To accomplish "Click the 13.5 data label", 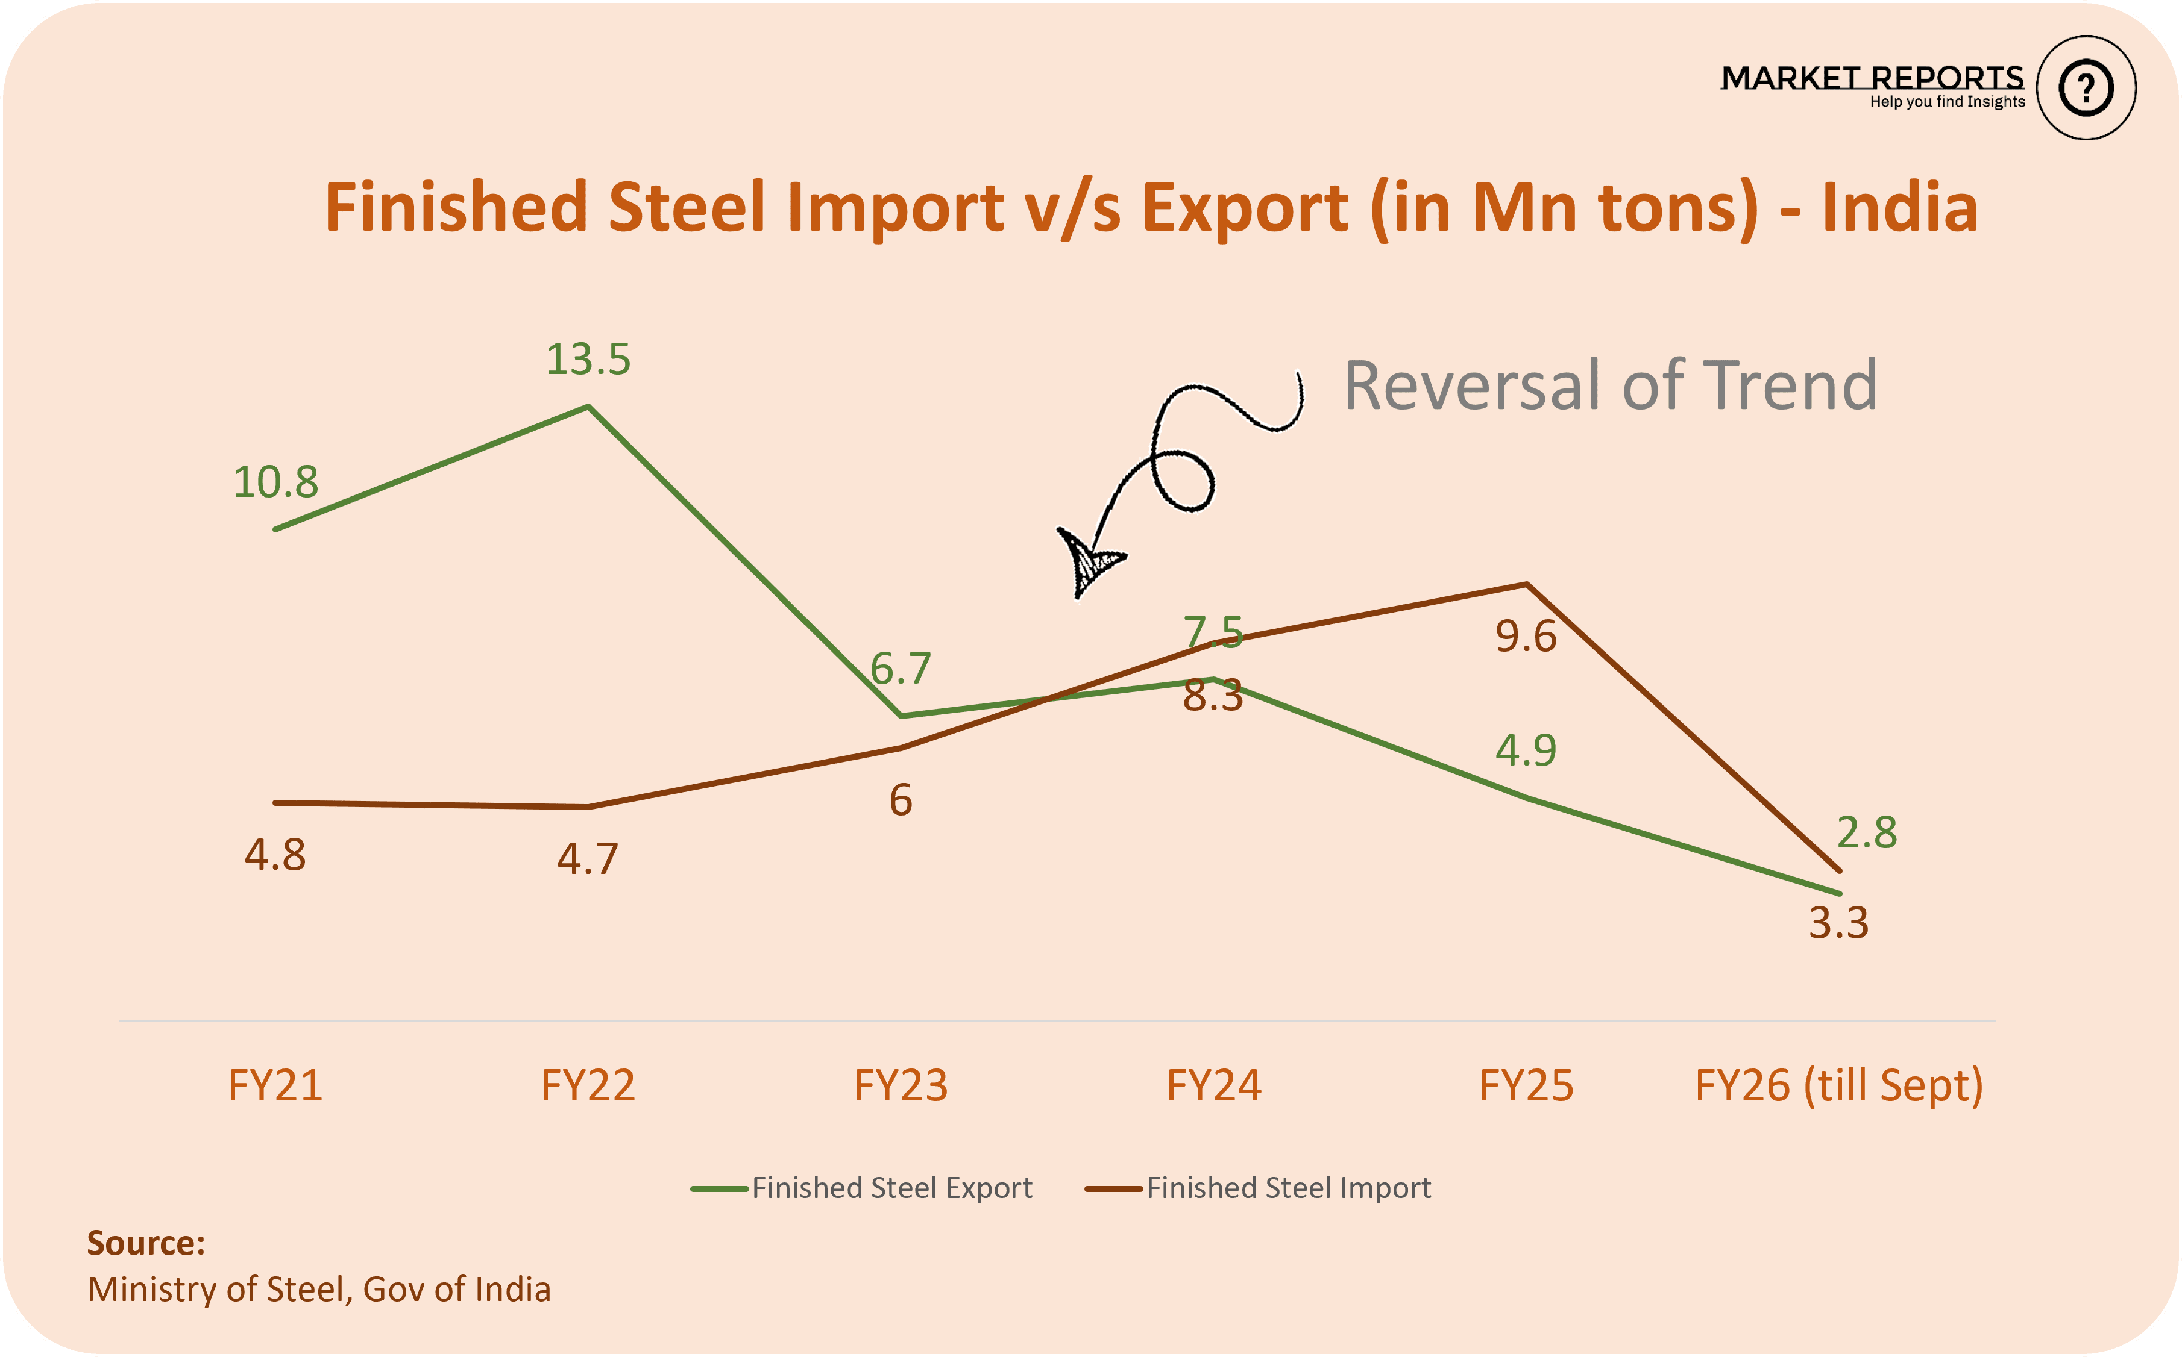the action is tap(588, 360).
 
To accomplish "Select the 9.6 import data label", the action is tap(1526, 636).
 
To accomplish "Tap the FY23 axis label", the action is tap(901, 1085).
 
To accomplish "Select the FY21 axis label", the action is tap(275, 1085).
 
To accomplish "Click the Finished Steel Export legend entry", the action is tap(862, 1188).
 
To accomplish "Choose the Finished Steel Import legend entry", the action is tap(1258, 1188).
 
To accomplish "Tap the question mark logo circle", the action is tap(2086, 88).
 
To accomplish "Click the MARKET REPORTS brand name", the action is tap(1872, 78).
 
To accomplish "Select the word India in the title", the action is tap(1900, 207).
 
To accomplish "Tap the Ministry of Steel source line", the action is tap(319, 1290).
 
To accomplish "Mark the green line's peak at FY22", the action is tap(588, 407).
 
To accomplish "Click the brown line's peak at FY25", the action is tap(1527, 584).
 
